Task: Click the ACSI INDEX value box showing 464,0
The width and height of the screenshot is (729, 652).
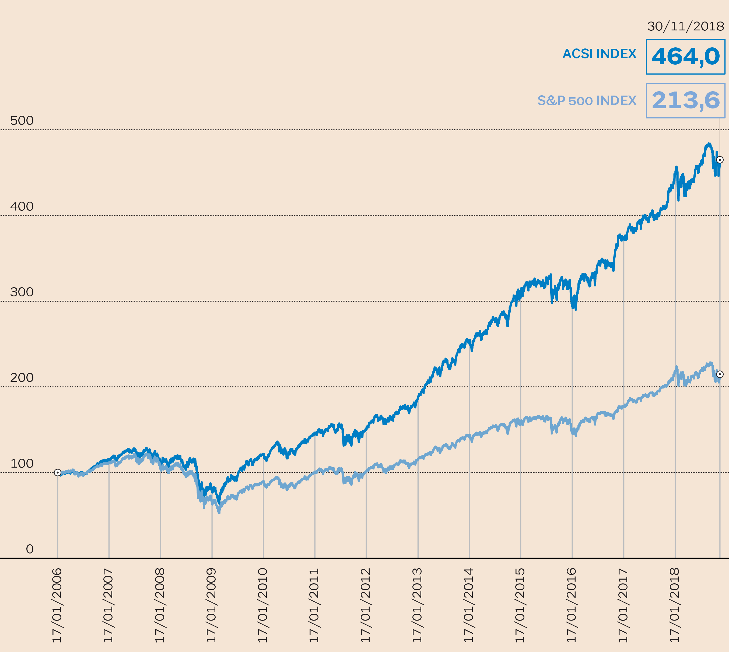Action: (x=685, y=57)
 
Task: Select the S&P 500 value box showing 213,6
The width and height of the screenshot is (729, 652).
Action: (x=685, y=100)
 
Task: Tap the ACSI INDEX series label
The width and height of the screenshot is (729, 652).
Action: (x=599, y=54)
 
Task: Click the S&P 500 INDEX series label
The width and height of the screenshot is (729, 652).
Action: (x=587, y=101)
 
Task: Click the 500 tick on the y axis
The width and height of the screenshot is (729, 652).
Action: (x=22, y=121)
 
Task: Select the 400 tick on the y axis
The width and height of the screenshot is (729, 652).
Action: (x=22, y=206)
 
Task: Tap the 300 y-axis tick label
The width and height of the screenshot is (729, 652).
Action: (x=22, y=292)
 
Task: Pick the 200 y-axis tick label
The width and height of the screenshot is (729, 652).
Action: (x=22, y=378)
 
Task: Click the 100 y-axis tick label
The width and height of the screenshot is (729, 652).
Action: (x=22, y=463)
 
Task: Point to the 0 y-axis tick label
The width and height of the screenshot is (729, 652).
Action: (x=30, y=549)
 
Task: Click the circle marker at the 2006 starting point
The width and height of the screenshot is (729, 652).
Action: (x=57, y=472)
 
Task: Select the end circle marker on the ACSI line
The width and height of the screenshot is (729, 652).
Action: (x=720, y=160)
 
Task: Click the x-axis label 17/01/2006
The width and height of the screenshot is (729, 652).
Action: (x=57, y=605)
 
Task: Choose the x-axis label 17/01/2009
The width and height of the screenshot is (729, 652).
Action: (x=212, y=605)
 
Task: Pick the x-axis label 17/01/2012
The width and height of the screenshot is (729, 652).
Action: (x=366, y=605)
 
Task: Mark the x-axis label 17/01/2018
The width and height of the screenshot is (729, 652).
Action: (x=675, y=605)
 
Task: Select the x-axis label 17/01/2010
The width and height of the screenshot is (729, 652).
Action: (x=263, y=605)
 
